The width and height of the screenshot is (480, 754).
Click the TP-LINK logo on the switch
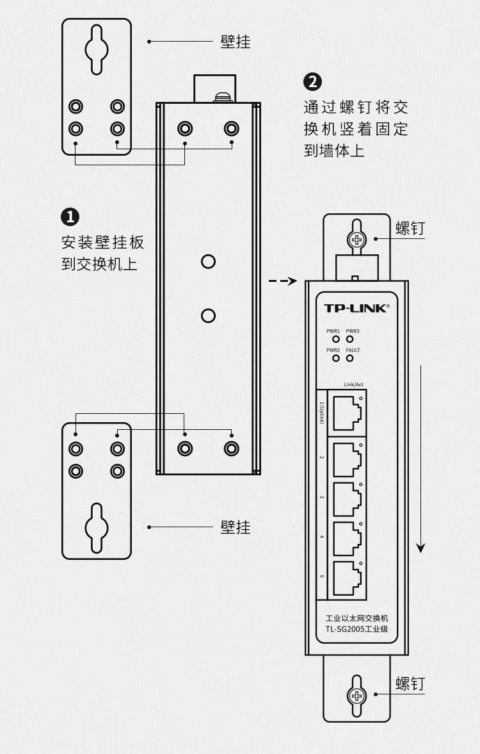click(x=355, y=308)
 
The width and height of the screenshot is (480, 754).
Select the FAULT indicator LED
click(x=349, y=358)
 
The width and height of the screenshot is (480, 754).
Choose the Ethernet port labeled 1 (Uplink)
click(x=346, y=409)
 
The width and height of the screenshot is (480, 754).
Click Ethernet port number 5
click(x=346, y=577)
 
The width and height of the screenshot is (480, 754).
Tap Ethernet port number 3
click(x=346, y=497)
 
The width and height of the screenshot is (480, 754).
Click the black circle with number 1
click(x=70, y=217)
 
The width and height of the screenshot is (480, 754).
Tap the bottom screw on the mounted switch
click(x=356, y=696)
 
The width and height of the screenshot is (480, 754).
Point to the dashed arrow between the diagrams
click(x=282, y=281)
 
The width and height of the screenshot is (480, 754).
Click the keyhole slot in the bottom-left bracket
click(x=97, y=528)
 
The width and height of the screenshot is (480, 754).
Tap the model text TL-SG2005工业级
click(x=356, y=630)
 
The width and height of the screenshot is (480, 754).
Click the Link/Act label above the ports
click(x=354, y=384)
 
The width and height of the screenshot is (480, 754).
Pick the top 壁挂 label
click(x=236, y=42)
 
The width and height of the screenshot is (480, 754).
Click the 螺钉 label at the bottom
click(x=410, y=684)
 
